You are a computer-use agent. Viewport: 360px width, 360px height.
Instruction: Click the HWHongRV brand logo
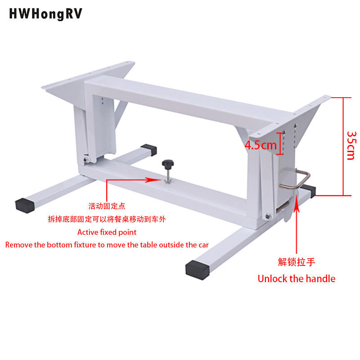point(45,14)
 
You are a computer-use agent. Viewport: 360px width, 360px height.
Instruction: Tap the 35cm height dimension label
point(352,145)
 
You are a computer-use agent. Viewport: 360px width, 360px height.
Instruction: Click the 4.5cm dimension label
point(261,145)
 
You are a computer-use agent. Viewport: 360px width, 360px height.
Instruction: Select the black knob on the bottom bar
point(168,164)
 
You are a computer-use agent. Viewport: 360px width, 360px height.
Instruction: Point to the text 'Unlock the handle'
point(297,279)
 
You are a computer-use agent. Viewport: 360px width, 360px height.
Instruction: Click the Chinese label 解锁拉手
point(297,262)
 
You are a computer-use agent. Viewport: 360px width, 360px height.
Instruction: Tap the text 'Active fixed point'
point(107,232)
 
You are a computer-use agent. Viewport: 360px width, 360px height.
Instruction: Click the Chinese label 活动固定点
point(107,206)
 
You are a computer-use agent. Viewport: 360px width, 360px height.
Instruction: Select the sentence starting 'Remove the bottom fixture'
point(107,245)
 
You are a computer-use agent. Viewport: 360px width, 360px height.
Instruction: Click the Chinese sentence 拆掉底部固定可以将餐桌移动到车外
point(107,219)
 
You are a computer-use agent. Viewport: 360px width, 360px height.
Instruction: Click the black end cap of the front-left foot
point(25,206)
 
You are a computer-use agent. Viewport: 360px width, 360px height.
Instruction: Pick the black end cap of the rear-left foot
point(149,150)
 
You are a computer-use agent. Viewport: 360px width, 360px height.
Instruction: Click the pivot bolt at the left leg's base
point(86,160)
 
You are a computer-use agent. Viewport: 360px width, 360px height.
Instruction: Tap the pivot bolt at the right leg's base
point(268,216)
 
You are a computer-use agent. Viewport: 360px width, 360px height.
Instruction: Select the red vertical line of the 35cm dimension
point(343,147)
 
